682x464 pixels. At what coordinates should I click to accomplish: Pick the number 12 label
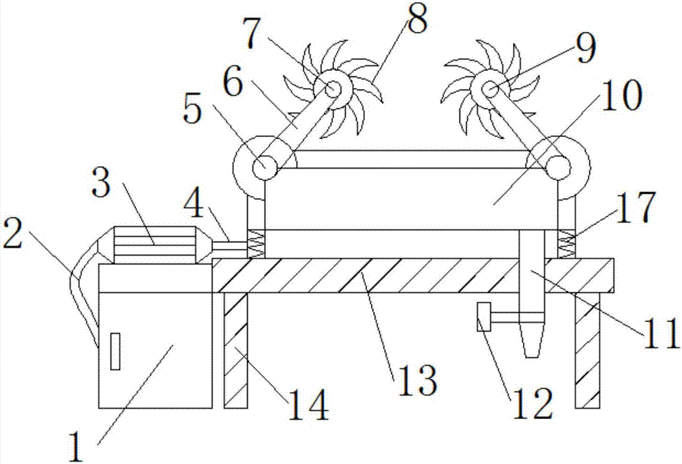pos(533,405)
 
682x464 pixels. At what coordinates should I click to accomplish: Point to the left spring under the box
pos(256,244)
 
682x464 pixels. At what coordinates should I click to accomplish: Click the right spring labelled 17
pos(566,244)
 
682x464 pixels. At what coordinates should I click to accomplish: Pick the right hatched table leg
pos(587,349)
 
